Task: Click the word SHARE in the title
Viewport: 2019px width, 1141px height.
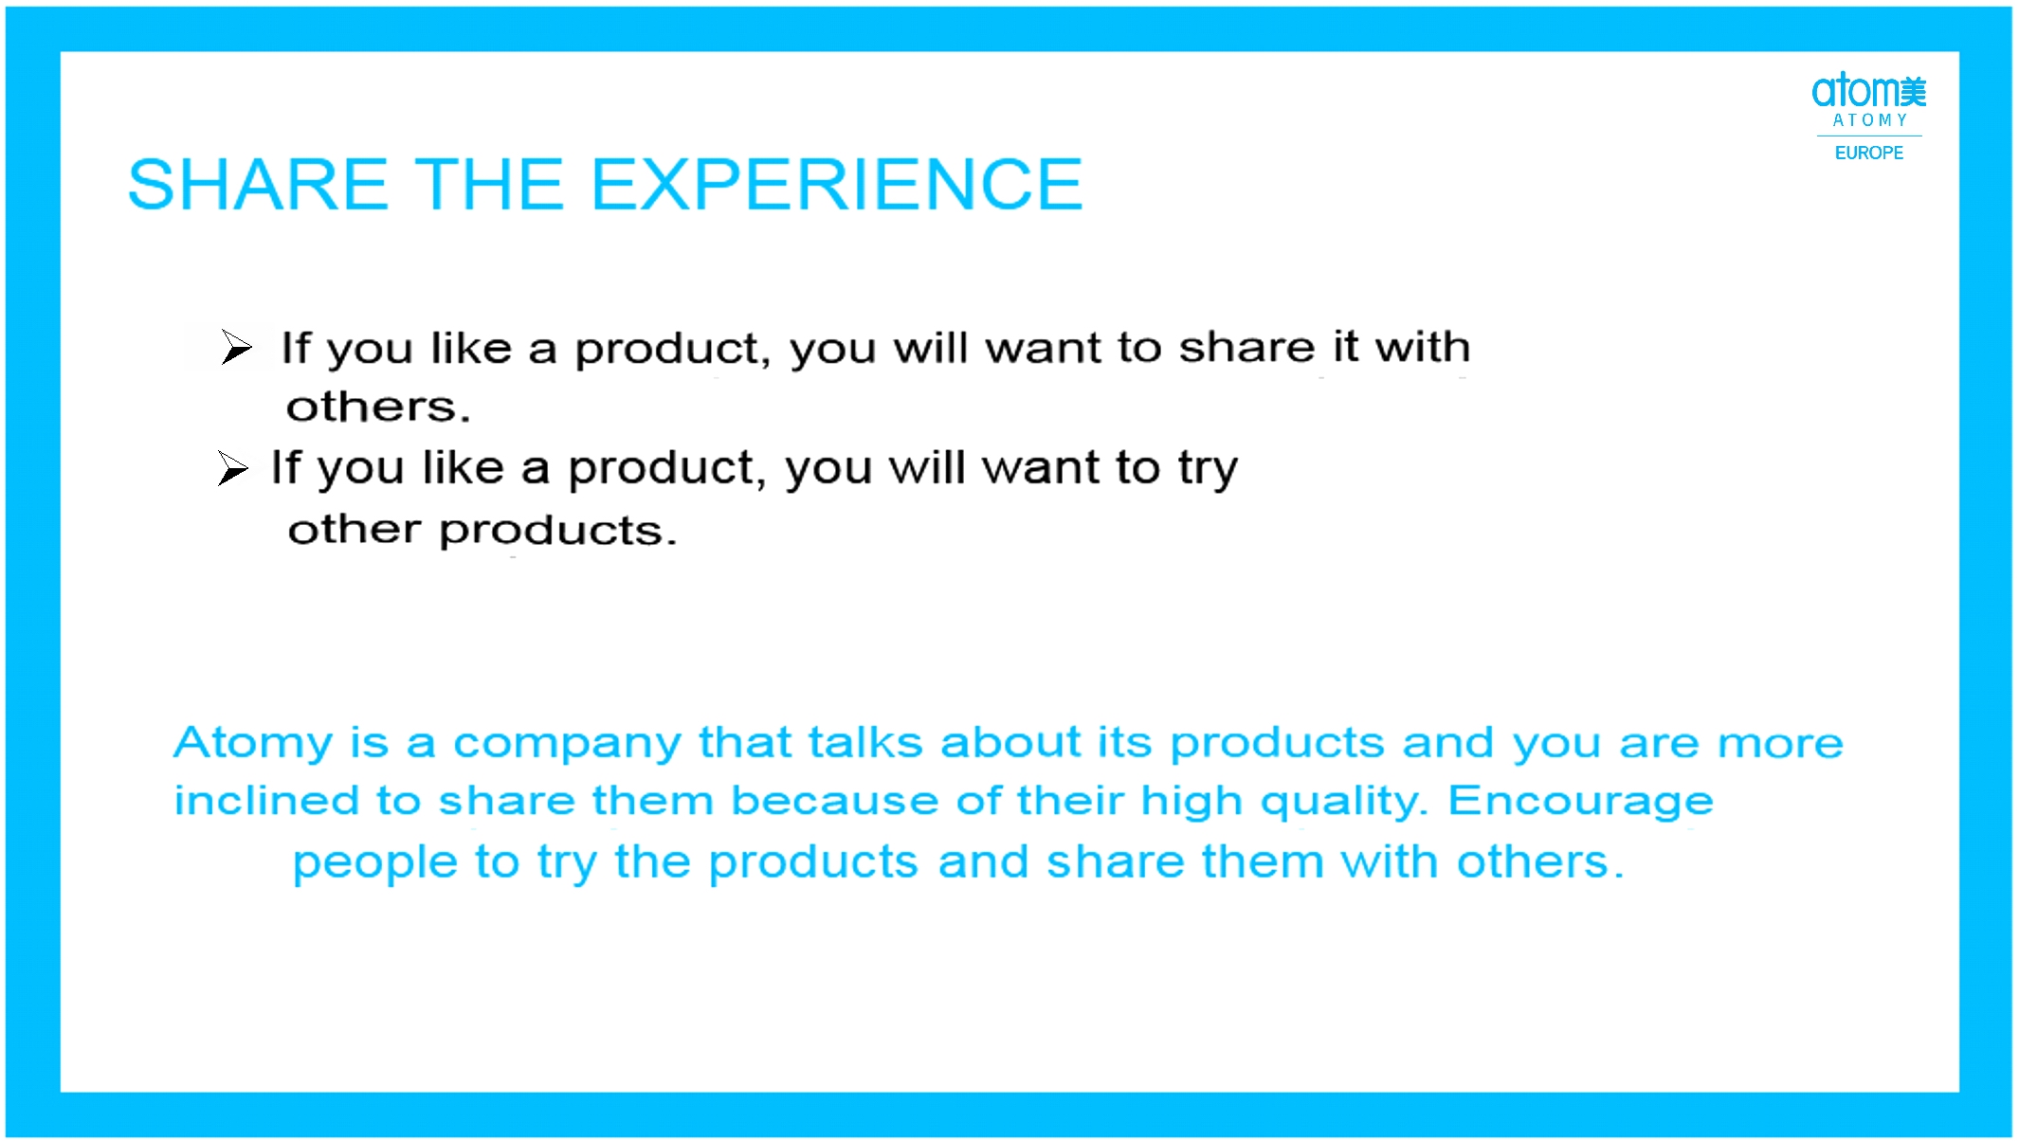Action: pyautogui.click(x=258, y=184)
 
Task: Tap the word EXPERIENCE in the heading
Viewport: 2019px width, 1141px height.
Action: pyautogui.click(x=837, y=184)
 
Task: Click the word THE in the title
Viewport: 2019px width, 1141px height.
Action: pyautogui.click(x=490, y=184)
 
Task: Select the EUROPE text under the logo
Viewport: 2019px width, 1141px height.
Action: pyautogui.click(x=1868, y=154)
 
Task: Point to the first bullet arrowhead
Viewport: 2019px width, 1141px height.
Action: pyautogui.click(x=237, y=347)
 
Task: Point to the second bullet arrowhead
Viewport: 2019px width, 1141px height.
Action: pyautogui.click(x=232, y=468)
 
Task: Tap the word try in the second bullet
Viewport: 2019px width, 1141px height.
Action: pyautogui.click(x=1208, y=470)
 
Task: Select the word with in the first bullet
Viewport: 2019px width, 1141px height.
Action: pyautogui.click(x=1423, y=347)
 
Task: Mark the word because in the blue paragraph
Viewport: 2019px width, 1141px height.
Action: pyautogui.click(x=834, y=802)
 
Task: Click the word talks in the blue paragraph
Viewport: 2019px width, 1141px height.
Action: pyautogui.click(x=864, y=742)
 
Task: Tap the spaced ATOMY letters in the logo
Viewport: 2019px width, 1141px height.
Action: pyautogui.click(x=1869, y=120)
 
